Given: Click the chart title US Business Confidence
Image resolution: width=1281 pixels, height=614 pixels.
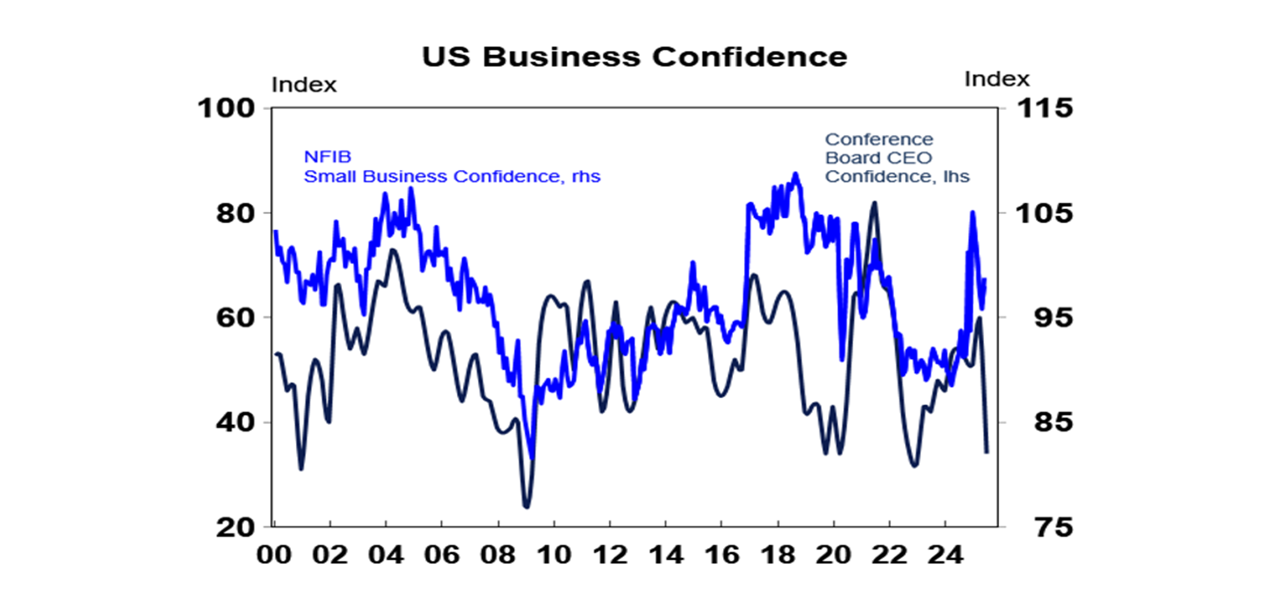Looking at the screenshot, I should [634, 57].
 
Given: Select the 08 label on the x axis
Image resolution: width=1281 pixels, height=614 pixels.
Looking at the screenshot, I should [498, 553].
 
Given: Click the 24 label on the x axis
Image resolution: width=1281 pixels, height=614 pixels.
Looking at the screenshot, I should [945, 553].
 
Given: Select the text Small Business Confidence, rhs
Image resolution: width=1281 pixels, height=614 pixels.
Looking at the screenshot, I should [451, 177].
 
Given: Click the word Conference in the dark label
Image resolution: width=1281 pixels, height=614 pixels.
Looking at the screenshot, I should [878, 139].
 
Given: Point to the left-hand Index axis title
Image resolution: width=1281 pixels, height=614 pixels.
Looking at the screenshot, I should [304, 84].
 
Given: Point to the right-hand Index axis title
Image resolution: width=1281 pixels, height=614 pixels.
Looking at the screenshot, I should [997, 79].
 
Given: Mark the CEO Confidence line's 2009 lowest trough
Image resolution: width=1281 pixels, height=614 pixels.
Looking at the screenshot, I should [525, 507].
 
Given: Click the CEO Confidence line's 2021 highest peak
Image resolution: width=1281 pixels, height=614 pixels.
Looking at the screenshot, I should [873, 202].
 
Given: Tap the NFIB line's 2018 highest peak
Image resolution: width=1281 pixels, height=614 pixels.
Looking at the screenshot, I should [795, 173].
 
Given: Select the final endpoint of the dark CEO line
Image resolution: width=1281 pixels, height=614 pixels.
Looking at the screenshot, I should [987, 452].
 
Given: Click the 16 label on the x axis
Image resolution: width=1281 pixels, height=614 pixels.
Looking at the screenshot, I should [721, 553].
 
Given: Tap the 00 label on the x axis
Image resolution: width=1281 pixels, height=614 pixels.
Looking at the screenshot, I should [275, 553].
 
